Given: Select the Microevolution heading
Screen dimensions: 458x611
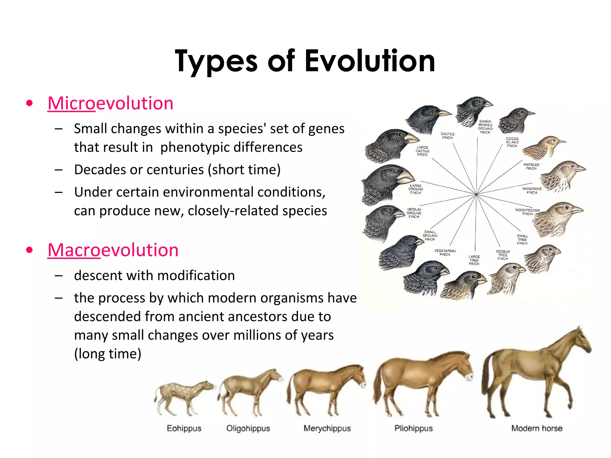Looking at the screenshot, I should pos(110,103).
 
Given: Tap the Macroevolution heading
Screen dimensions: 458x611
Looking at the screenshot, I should pos(113,250).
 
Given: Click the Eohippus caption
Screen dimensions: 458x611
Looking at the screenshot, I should pos(184,428).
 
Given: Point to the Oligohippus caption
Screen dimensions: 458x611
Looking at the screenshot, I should pos(248,428).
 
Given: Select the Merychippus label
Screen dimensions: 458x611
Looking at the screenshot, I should pos(327,428).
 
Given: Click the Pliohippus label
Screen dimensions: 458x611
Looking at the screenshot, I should pos(413,428).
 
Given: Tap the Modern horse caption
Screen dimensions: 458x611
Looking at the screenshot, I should pos(536,428).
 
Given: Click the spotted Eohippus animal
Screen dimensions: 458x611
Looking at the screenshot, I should pos(183,395).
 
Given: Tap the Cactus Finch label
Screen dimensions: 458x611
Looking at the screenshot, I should pos(447,136).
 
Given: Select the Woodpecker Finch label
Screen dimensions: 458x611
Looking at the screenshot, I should pos(527,212).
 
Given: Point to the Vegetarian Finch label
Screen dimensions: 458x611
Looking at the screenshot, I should pos(445,253).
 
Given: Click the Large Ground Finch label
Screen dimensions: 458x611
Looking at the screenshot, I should pos(415,189).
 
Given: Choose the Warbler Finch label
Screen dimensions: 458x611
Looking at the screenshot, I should pos(531,166).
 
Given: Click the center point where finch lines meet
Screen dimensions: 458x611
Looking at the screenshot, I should pos(476,194).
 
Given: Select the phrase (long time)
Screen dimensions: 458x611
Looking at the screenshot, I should pos(107,354).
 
